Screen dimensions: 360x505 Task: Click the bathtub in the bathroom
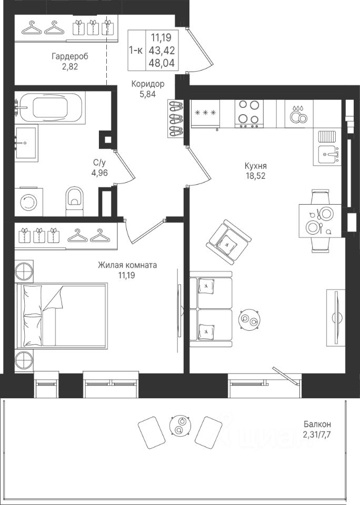[50, 107]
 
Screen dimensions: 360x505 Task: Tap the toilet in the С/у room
[74, 200]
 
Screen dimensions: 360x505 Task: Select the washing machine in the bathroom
[29, 202]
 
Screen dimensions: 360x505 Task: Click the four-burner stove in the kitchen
[249, 114]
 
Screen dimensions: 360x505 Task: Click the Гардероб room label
[70, 57]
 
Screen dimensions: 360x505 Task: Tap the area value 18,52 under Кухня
[255, 176]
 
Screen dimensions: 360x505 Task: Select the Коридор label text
[147, 84]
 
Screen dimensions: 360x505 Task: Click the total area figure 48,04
[162, 63]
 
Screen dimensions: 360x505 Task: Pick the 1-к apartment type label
[136, 50]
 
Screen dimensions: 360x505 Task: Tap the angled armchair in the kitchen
[229, 243]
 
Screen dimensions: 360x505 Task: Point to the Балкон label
[317, 424]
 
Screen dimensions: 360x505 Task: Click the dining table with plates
[320, 220]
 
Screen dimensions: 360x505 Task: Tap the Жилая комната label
[127, 265]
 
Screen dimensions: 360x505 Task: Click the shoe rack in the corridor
[176, 118]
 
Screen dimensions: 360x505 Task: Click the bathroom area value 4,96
[99, 173]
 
